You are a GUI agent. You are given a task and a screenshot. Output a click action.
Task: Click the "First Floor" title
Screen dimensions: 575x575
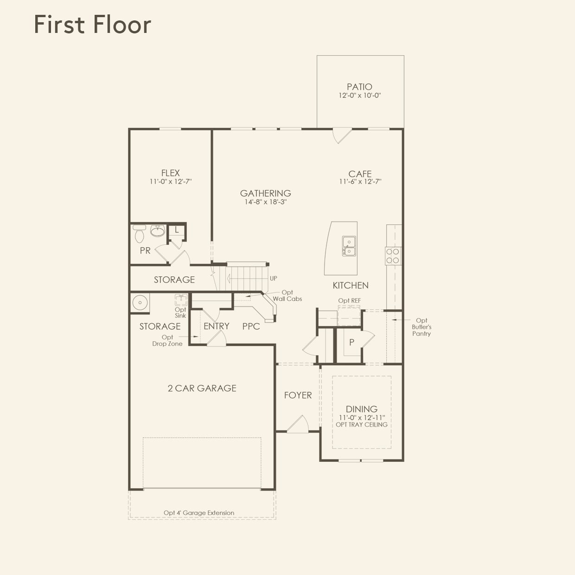click(x=93, y=25)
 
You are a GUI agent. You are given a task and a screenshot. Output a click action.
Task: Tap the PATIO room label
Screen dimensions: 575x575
click(x=359, y=87)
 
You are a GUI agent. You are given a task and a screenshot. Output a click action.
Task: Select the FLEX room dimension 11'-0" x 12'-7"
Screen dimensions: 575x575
click(x=170, y=182)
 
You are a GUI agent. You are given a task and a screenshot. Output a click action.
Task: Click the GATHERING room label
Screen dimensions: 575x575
click(x=265, y=193)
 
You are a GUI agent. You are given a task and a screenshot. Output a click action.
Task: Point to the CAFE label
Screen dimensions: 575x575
click(x=360, y=174)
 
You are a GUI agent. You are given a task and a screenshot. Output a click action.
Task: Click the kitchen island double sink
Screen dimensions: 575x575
click(x=349, y=246)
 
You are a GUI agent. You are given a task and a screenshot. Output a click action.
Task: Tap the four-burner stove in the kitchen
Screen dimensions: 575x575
click(x=393, y=256)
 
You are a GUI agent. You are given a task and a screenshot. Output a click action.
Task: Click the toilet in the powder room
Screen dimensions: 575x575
click(x=140, y=235)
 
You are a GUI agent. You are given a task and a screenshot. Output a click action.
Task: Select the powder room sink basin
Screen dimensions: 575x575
click(x=158, y=230)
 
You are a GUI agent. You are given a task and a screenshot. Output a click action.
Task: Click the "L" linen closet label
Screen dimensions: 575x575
click(x=177, y=230)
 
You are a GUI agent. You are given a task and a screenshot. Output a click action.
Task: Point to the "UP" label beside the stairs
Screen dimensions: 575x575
click(x=274, y=278)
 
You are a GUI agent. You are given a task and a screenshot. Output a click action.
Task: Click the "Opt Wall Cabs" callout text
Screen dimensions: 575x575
click(x=287, y=296)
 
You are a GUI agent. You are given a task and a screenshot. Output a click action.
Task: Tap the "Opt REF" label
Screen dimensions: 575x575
click(x=349, y=300)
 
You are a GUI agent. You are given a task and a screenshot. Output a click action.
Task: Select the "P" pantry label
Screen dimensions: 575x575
click(x=351, y=342)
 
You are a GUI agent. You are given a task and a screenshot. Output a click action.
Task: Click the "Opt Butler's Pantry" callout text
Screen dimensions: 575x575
click(x=422, y=327)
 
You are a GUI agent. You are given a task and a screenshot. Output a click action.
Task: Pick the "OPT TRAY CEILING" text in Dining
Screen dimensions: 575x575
click(x=361, y=425)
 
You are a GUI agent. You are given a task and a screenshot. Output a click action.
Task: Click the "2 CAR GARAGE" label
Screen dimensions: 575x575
click(x=202, y=388)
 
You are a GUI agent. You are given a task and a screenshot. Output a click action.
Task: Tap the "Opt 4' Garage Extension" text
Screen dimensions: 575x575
click(x=198, y=513)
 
